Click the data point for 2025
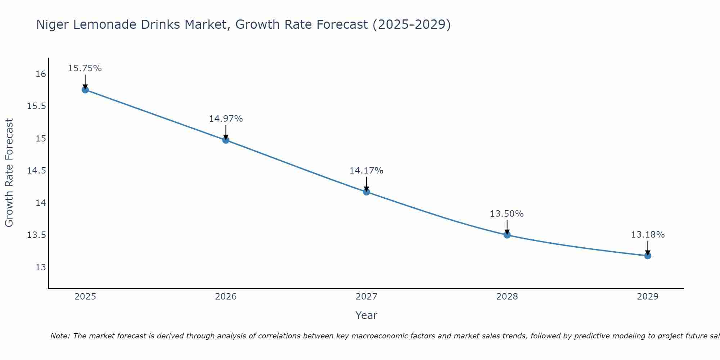pos(85,90)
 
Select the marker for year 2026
pos(226,140)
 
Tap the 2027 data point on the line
pos(366,192)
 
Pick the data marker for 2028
pos(507,235)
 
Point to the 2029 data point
pos(648,256)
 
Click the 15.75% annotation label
pos(85,68)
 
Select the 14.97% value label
pos(226,119)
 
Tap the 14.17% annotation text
pos(366,171)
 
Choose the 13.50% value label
pos(507,214)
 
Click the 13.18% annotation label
pos(648,235)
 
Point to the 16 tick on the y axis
pos(41,74)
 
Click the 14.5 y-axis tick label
pos(37,171)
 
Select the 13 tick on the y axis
pos(41,267)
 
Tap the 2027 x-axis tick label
pos(366,297)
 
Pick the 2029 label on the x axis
pos(648,297)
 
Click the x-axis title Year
pos(366,315)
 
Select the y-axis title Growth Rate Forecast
pos(9,173)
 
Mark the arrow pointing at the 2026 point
pos(226,132)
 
